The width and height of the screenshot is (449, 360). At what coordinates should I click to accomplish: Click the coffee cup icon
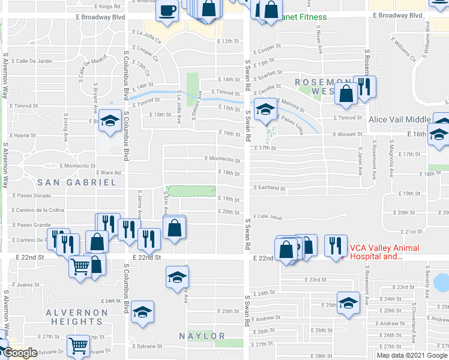[x=167, y=11]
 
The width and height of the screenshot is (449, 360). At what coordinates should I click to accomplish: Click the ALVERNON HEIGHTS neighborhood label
[x=79, y=317]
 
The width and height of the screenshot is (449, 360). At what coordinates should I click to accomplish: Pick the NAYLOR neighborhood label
[x=205, y=336]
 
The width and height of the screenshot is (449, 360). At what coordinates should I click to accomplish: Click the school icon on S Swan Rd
[x=265, y=110]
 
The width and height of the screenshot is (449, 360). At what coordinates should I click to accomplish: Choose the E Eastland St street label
[x=268, y=188]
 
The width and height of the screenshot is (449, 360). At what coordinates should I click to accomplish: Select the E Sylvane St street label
[x=146, y=346]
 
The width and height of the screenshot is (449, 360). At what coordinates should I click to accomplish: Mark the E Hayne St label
[x=23, y=135]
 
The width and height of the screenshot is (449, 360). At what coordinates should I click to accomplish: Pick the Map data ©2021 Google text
[x=411, y=355]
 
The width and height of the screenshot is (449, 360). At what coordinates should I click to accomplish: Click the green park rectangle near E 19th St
[x=191, y=191]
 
